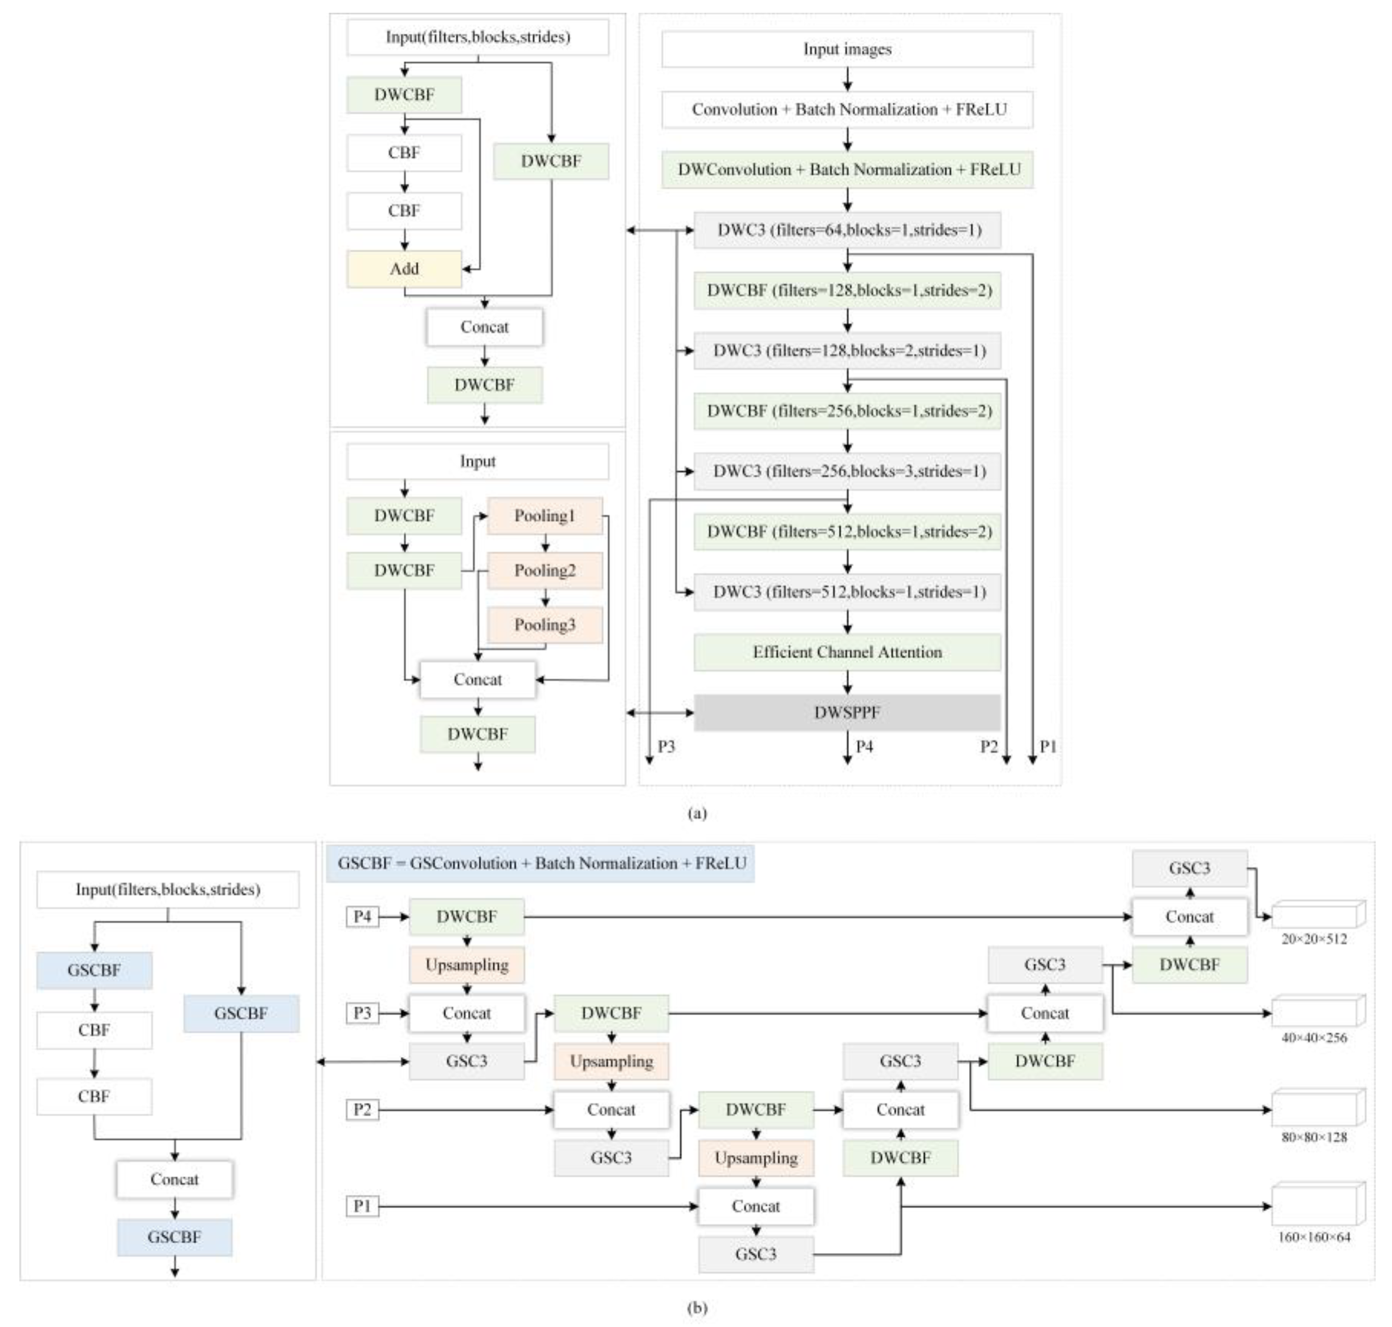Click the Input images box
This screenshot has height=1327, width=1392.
[847, 49]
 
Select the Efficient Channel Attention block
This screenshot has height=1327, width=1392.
[847, 651]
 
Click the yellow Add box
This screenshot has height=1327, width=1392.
[404, 269]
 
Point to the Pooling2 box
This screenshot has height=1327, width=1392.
[544, 570]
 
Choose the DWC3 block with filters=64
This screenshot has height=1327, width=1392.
[847, 230]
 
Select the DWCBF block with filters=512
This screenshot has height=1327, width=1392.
[847, 531]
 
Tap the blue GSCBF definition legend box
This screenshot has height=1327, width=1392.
[540, 863]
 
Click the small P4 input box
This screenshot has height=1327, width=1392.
[362, 917]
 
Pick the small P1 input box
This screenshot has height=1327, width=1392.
[362, 1206]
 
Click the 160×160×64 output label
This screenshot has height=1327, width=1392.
[1313, 1237]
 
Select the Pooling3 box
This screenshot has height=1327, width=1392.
[544, 625]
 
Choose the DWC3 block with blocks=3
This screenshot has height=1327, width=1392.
[847, 471]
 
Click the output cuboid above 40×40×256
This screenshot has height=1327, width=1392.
[1317, 1012]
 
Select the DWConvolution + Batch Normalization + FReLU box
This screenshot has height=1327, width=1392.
[847, 170]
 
